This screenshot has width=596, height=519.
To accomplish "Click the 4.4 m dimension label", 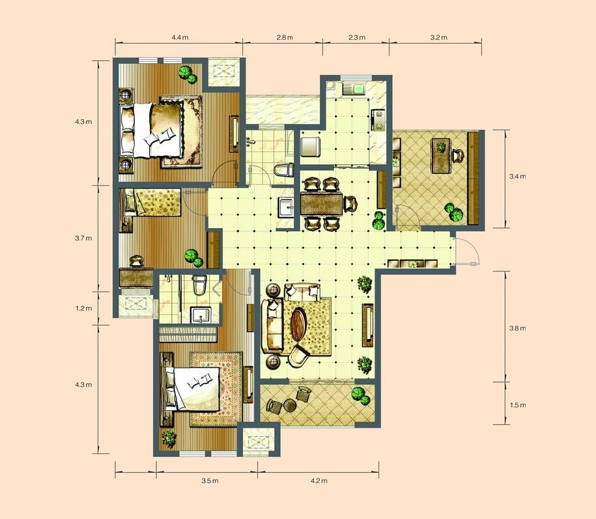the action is pos(180,37).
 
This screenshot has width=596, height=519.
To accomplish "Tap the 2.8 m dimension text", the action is pos(285,37).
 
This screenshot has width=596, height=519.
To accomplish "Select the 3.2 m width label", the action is pos(438,37).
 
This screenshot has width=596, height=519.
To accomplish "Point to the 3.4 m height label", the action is pos(518,176).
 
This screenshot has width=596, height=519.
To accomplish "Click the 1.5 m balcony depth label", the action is pos(518,405).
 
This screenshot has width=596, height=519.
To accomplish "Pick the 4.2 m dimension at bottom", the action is pos(319,481).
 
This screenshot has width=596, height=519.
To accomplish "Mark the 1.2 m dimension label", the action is pos(83,308).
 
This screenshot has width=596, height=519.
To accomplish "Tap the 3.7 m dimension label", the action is pos(83,238).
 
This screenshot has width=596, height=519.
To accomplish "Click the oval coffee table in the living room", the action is pos(298,325).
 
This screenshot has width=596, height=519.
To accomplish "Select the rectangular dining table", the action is pos(322,204).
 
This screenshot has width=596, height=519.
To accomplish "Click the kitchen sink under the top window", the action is pos(354,89).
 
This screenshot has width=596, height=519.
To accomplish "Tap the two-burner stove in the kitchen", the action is pos(378,120).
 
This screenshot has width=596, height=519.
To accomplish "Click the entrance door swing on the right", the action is pos(468,250).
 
